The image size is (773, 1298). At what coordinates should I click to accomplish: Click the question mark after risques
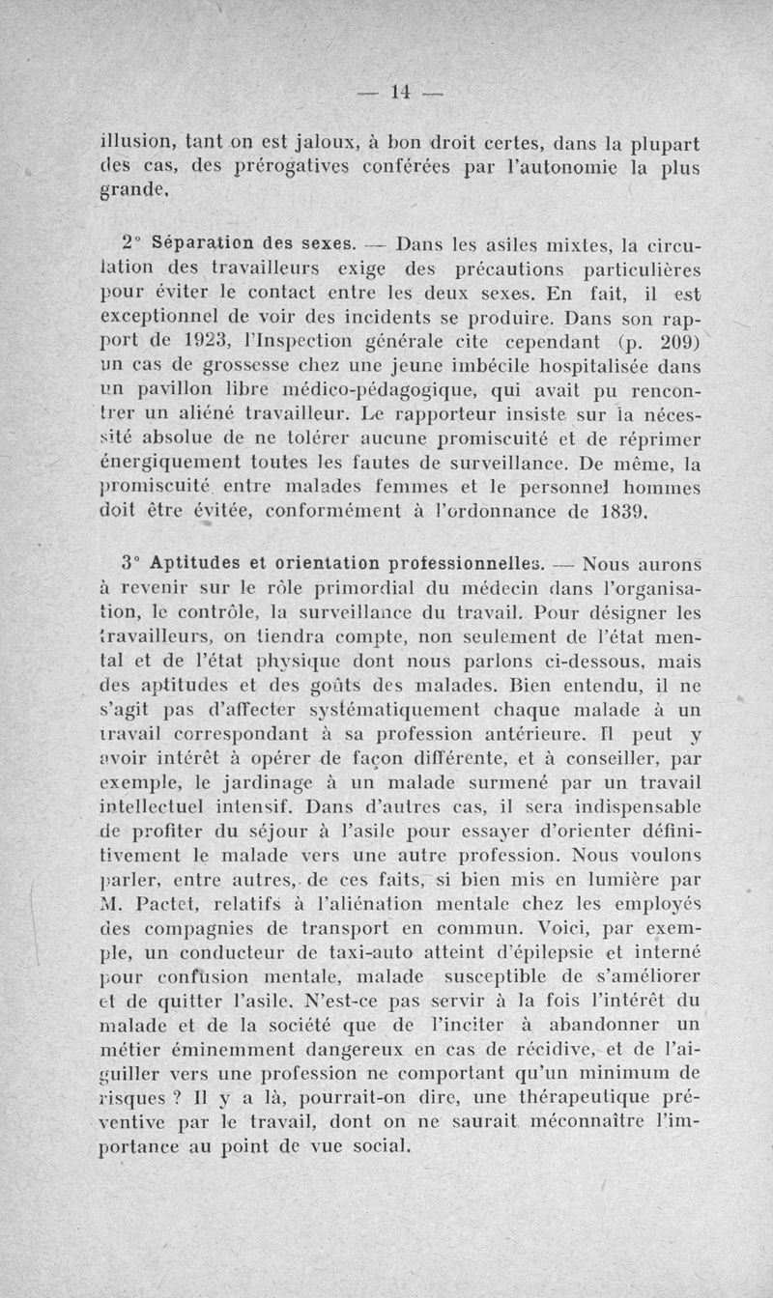(x=177, y=1099)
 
